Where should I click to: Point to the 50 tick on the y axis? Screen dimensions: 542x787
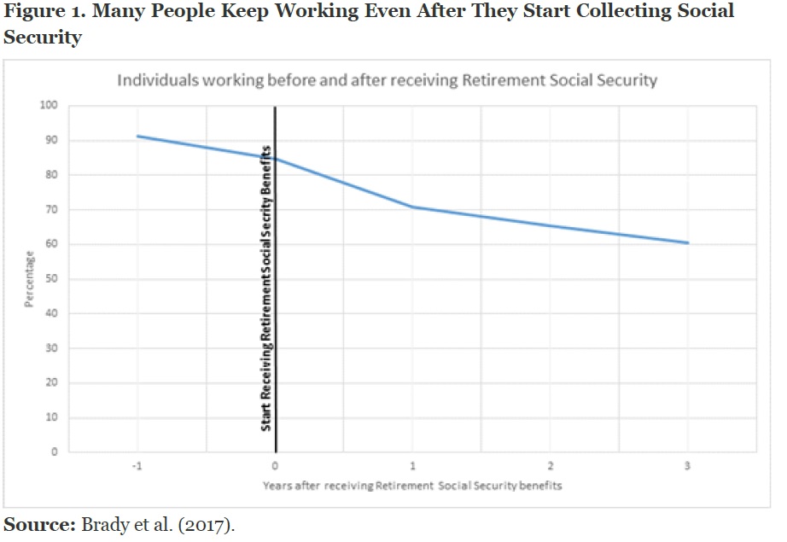click(50, 279)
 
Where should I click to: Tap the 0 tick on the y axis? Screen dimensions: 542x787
click(54, 452)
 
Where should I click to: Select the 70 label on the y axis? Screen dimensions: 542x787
click(50, 210)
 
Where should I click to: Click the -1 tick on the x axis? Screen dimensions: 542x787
click(137, 466)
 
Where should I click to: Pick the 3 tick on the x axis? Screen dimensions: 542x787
click(687, 466)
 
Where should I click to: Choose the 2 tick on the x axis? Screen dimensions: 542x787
click(551, 466)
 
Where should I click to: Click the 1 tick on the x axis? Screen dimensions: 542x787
click(413, 466)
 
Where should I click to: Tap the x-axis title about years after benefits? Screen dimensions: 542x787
click(412, 486)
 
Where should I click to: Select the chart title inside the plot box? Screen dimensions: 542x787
click(387, 81)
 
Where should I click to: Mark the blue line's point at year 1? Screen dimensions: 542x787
click(413, 207)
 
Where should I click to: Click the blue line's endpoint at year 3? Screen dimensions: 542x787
click(688, 243)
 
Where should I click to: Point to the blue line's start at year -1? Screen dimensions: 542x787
click(137, 136)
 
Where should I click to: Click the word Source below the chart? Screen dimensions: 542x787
click(39, 524)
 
